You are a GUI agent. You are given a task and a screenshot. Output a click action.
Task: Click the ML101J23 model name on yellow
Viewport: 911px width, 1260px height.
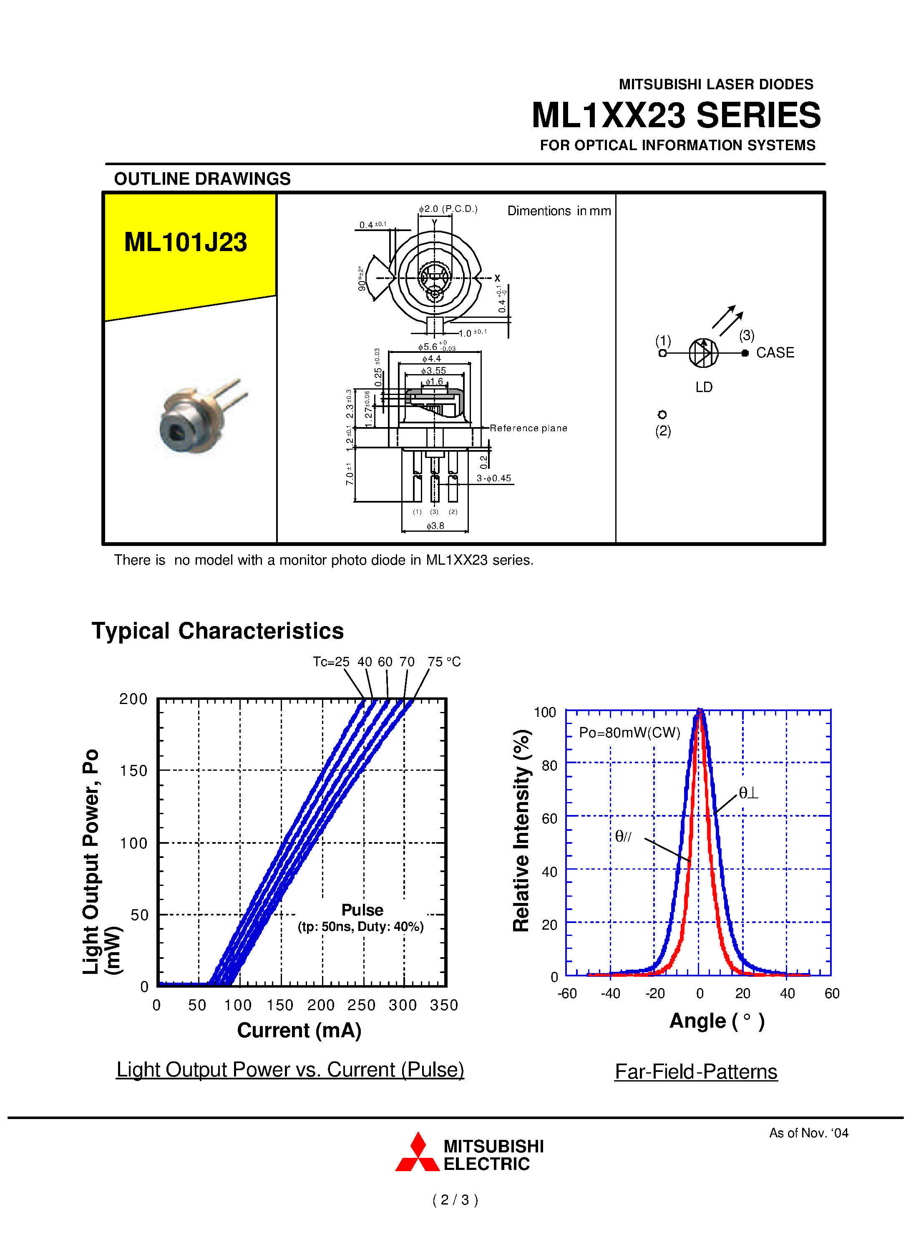[186, 242]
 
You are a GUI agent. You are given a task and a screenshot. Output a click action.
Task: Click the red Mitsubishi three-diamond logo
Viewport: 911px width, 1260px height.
[417, 1154]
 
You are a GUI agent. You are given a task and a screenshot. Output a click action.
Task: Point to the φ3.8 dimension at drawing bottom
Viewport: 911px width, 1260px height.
[435, 526]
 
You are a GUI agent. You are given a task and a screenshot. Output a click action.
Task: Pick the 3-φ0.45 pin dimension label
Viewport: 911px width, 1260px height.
[493, 478]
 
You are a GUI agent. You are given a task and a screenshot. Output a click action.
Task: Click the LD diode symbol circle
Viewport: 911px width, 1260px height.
[703, 353]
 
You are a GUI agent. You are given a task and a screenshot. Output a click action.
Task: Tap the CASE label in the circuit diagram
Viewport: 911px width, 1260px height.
[775, 353]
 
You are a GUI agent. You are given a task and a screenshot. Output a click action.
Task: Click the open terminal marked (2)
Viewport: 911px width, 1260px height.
[662, 415]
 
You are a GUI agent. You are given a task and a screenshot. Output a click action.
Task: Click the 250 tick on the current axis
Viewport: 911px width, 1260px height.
[362, 1005]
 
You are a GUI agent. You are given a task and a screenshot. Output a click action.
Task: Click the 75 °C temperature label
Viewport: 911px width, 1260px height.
[444, 661]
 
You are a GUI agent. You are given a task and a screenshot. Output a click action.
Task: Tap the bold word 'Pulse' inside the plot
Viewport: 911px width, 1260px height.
[362, 910]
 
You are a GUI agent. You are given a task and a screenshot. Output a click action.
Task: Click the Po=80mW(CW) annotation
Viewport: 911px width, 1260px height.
[629, 733]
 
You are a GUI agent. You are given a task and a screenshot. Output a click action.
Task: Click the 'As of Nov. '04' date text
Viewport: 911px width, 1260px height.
[808, 1133]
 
